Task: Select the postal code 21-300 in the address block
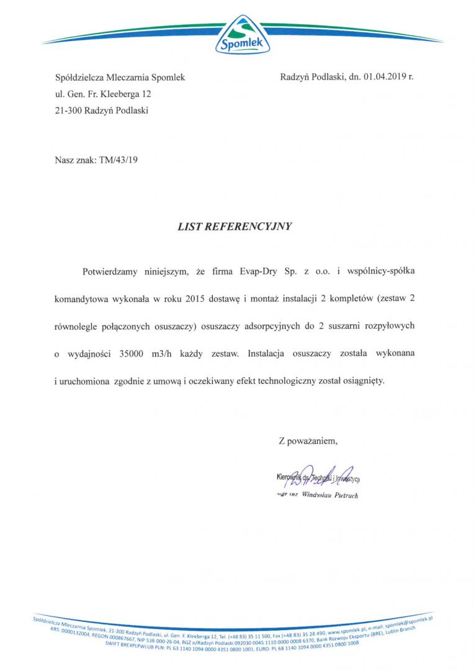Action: click(x=68, y=111)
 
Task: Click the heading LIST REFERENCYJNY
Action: click(x=235, y=227)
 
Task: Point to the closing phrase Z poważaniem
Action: click(x=308, y=441)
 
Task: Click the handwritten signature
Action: click(x=316, y=476)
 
